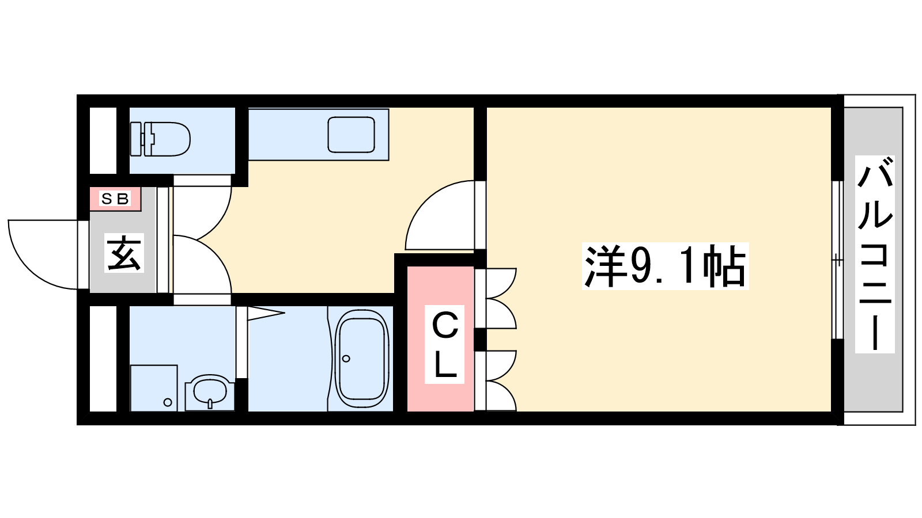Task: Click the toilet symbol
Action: [160, 139]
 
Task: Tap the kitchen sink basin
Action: [351, 135]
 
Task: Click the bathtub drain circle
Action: [346, 359]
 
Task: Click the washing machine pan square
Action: [154, 388]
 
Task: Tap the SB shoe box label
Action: [115, 199]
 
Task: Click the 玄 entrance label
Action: [124, 253]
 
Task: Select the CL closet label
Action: [444, 345]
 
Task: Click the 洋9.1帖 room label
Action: [665, 266]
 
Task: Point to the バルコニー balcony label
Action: [875, 254]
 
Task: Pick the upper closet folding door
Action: [500, 298]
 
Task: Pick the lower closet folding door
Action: [500, 380]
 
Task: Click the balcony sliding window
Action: [837, 260]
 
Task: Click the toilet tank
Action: [141, 139]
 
